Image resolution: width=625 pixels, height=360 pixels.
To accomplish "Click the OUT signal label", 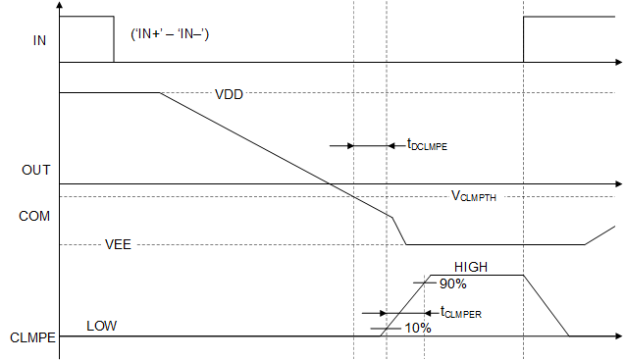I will coord(36,170).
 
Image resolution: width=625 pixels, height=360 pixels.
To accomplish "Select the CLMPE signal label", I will coord(30,338).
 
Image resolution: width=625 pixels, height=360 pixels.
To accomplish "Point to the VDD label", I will coord(229,95).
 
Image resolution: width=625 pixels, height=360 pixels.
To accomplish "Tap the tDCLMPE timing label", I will coord(427,145).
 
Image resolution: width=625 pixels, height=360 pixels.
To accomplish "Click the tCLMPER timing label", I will coord(461,313).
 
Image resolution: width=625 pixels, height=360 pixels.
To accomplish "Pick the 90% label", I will coord(452,283).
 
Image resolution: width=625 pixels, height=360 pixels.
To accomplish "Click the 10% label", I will coord(418,328).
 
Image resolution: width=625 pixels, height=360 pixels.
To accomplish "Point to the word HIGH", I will coord(471,267).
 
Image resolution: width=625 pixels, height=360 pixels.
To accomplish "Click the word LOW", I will coord(101,326).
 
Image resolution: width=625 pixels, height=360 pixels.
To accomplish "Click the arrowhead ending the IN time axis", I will coord(617,63).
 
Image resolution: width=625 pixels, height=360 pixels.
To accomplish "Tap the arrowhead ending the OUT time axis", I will coord(617,183).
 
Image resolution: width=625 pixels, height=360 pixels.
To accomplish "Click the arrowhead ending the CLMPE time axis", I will coord(617,337).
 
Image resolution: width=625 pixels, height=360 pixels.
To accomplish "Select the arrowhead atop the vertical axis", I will coord(60,6).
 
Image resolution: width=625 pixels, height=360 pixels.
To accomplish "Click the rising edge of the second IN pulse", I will coord(523,39).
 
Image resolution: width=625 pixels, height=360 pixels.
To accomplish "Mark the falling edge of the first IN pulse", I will coord(114,39).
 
